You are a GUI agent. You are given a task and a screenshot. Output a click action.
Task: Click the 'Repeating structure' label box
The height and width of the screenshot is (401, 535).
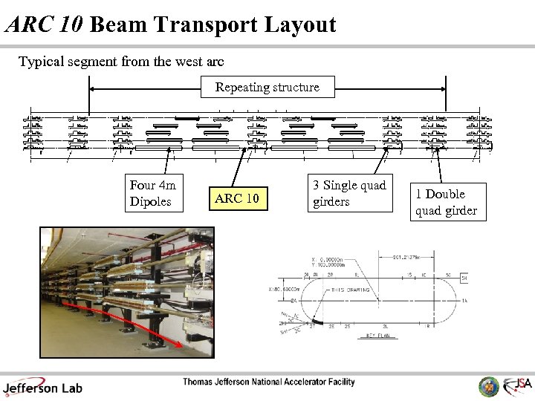pos(267,87)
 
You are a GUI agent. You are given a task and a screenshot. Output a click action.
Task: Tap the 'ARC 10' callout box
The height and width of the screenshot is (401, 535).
pos(237,198)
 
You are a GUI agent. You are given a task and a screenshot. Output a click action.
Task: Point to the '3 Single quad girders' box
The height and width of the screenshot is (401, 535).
pos(349,193)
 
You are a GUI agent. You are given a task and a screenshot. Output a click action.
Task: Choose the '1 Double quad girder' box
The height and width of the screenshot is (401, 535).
pos(446,202)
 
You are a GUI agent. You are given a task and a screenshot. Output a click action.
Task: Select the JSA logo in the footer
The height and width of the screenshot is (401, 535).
pos(517,385)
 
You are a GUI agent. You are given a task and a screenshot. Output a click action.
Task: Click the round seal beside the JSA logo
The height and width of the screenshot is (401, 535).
pos(488,385)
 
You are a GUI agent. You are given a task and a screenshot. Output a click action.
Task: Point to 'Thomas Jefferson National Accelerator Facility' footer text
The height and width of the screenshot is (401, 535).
pos(269,382)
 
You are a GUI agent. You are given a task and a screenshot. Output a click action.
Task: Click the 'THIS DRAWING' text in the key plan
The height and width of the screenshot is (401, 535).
pos(351,290)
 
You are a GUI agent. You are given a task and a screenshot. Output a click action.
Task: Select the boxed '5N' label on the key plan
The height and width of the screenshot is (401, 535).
pos(464,278)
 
